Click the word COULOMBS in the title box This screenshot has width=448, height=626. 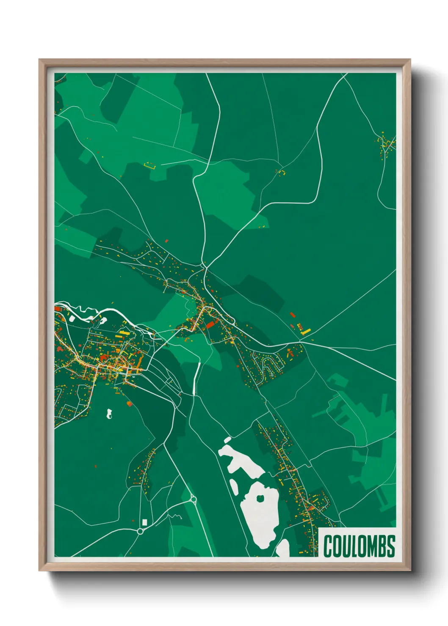[359, 546]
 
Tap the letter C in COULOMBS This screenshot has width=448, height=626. [328, 546]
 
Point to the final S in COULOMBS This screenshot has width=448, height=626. [391, 546]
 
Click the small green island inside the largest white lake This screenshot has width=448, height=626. [260, 498]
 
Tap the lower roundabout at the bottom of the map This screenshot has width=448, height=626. [140, 531]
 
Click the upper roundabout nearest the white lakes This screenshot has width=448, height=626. [194, 500]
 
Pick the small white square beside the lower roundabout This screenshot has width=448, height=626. [144, 522]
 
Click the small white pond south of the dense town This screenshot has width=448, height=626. [109, 414]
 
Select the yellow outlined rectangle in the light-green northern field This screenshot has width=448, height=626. [150, 166]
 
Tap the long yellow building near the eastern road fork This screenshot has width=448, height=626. [306, 332]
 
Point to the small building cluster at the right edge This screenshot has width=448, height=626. [386, 145]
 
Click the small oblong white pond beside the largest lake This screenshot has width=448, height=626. [234, 486]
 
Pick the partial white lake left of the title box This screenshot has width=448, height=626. [283, 548]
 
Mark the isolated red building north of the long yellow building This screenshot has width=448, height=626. [292, 314]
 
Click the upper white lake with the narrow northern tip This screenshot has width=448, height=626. [239, 459]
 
